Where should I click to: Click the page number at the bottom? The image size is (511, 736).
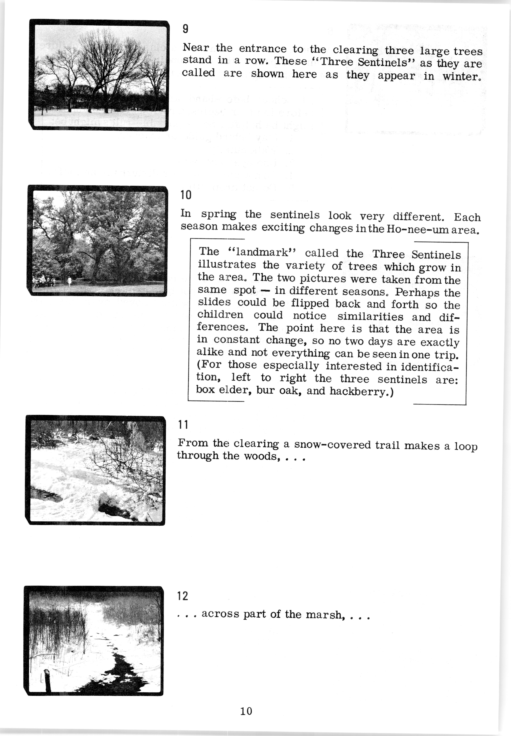pyautogui.click(x=246, y=711)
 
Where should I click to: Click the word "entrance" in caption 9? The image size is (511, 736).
pyautogui.click(x=262, y=49)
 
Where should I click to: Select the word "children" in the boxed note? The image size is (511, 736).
pyautogui.click(x=220, y=315)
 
